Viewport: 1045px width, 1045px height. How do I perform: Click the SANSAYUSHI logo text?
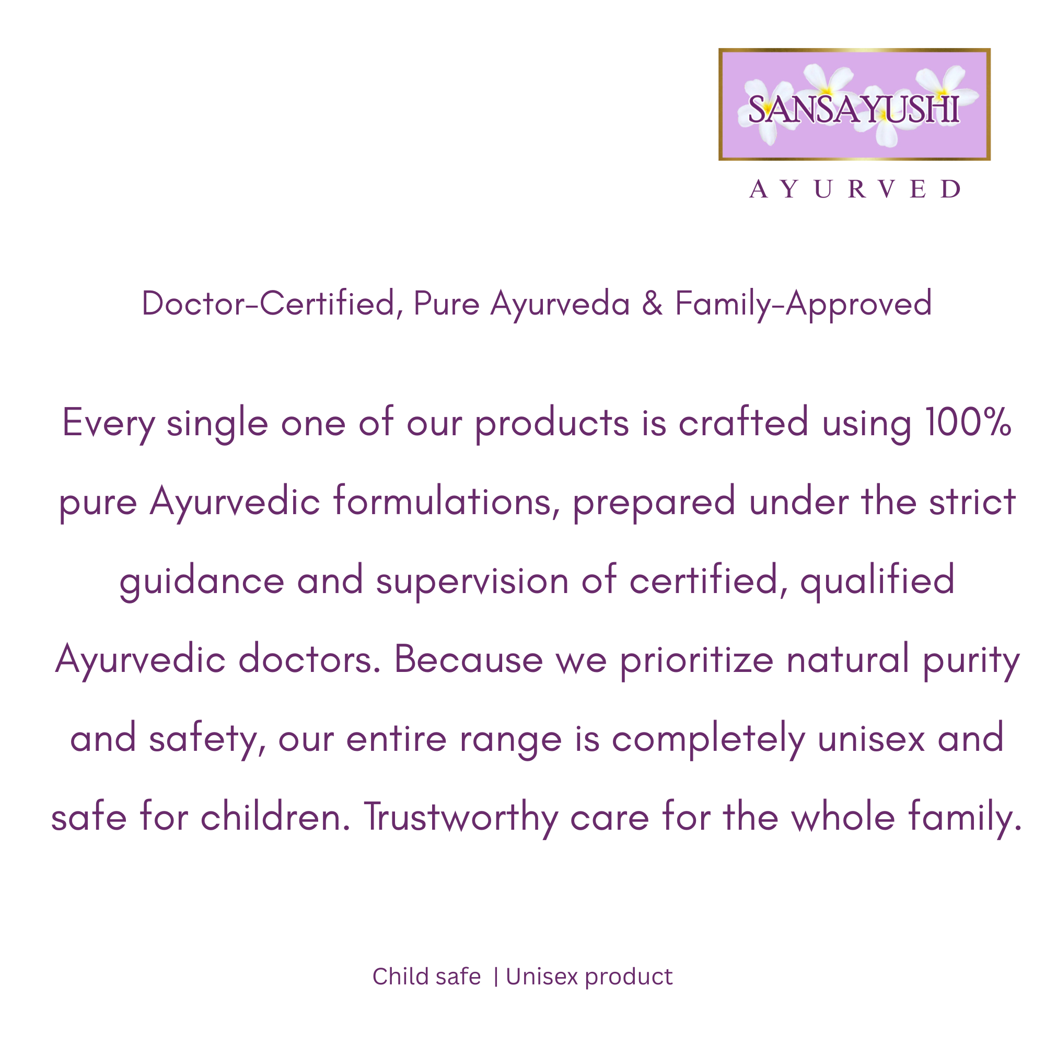854,109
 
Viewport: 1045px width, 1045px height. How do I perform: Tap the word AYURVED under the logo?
855,189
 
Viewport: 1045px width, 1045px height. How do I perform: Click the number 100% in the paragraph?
968,421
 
